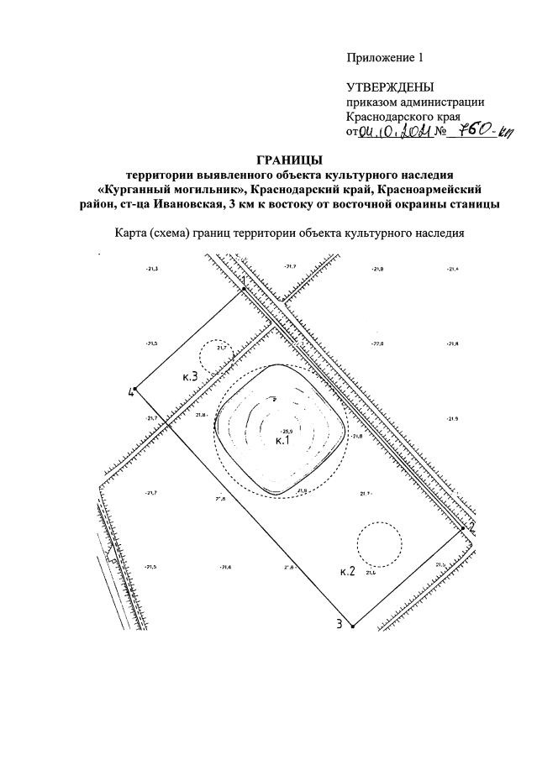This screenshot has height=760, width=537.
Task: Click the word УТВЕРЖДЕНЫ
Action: (x=390, y=87)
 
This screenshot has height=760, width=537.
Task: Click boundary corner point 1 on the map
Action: (x=244, y=288)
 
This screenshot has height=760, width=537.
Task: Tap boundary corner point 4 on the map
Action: (x=136, y=389)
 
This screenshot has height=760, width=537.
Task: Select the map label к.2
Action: (x=348, y=572)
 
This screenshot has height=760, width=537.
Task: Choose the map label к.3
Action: (x=190, y=377)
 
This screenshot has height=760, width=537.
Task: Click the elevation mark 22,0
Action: (x=376, y=344)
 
